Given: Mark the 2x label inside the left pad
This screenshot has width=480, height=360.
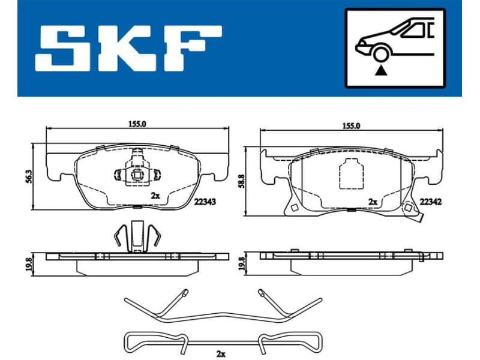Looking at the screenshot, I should pos(155,196).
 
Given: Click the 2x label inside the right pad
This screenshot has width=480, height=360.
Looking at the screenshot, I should pos(373,202).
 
